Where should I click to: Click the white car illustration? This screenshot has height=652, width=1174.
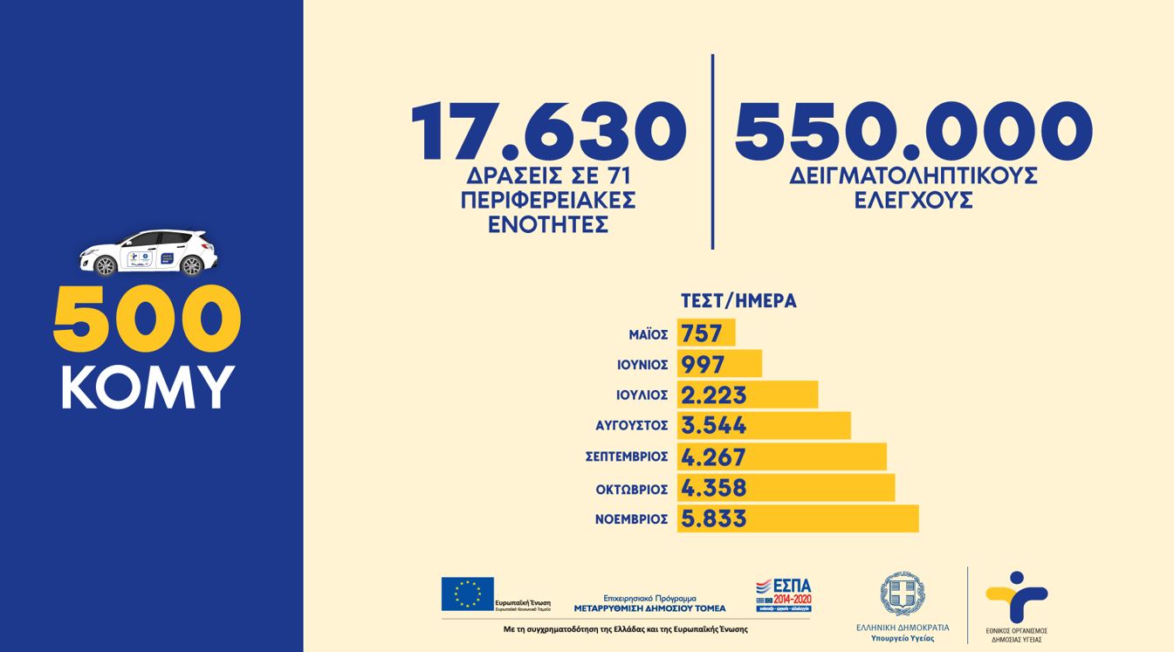[148, 252]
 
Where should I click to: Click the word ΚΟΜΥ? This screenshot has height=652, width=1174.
[148, 387]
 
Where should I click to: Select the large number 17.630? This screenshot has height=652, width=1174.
[548, 132]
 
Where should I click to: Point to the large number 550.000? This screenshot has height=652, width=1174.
[913, 132]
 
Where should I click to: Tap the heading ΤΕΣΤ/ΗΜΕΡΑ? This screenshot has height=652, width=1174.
[738, 301]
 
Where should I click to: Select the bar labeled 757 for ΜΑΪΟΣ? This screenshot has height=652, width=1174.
[705, 333]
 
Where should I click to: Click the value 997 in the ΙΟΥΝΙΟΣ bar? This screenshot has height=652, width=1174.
[703, 364]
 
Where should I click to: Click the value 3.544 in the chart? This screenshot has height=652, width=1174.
[714, 426]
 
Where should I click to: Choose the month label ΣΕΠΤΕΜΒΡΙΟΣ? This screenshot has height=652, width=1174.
[627, 456]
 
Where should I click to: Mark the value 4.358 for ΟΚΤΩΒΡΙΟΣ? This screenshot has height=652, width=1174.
[714, 488]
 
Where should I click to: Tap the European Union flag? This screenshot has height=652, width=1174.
[467, 594]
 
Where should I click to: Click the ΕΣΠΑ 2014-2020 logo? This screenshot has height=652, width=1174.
[784, 594]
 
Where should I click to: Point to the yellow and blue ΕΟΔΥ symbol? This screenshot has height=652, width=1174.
[1016, 598]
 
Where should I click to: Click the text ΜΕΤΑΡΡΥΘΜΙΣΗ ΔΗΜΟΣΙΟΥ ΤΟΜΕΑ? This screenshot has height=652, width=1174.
[649, 608]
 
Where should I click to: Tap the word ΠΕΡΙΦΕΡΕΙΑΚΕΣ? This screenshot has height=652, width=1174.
[548, 200]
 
